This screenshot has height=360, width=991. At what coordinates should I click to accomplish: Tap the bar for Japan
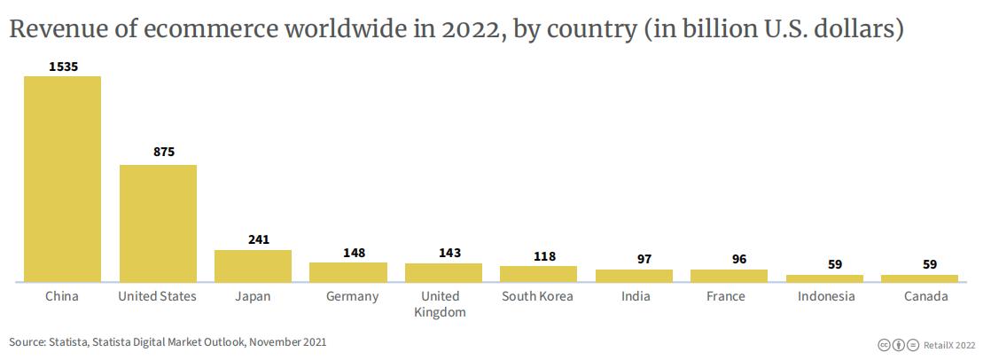253,266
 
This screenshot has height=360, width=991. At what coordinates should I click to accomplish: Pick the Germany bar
348,272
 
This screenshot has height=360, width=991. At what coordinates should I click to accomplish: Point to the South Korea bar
538,274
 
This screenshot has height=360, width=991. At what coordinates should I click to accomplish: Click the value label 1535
62,66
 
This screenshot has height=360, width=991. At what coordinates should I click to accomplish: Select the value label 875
164,152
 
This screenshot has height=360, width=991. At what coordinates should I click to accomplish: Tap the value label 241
259,239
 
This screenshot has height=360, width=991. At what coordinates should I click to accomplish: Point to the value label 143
449,253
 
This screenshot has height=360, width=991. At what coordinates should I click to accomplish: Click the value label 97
644,259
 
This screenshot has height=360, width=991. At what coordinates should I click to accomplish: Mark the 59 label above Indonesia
835,264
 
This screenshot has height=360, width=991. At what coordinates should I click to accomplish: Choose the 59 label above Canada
929,264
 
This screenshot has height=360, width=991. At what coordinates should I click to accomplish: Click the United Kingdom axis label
441,304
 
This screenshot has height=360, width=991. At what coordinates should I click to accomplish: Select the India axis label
636,296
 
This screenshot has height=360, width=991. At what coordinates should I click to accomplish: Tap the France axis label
726,296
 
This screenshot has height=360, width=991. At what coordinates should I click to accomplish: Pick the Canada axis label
926,296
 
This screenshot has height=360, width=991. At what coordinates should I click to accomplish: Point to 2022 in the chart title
462,29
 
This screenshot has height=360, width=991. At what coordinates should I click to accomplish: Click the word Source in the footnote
27,341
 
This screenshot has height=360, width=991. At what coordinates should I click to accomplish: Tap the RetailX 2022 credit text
952,343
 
